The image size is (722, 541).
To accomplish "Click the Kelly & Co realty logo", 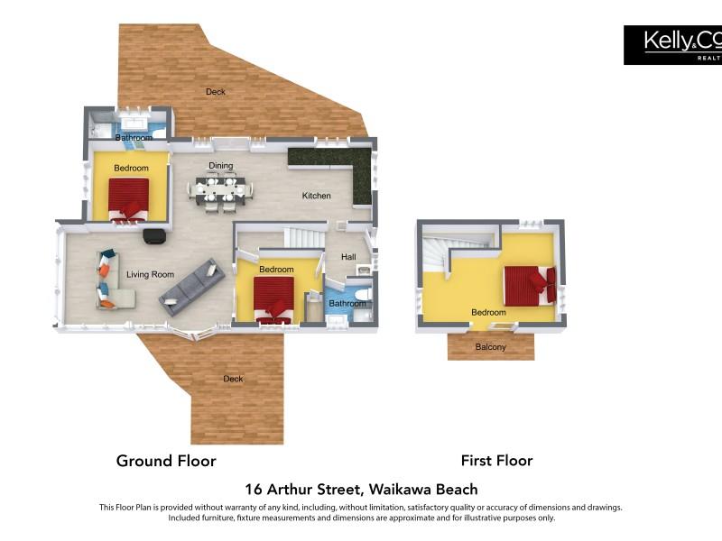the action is coord(672,45).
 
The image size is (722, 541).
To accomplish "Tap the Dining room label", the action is coord(220,166).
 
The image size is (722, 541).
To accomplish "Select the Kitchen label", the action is coord(317,196).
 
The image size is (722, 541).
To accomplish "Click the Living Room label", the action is coord(150,275).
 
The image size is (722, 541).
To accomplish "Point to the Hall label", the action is coord(348,257).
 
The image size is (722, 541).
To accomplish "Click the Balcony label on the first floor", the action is coord(490,347).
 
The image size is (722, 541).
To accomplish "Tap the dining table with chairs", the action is coord(220,191).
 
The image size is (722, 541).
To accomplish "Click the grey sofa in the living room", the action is coord(192,287).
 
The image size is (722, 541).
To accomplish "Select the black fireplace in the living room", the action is coord(154,236).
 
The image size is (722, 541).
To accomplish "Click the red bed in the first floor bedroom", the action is coord(531,286).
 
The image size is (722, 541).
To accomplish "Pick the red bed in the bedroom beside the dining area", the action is coord(129,200).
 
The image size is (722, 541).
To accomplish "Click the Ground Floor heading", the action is coord(166,461).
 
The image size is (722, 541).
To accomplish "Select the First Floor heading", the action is coord(497,461).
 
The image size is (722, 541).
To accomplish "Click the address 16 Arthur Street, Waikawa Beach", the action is coord(361,489).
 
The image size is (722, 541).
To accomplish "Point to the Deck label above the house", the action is coord(216,92).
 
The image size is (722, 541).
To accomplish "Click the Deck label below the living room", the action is coord(233,379).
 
